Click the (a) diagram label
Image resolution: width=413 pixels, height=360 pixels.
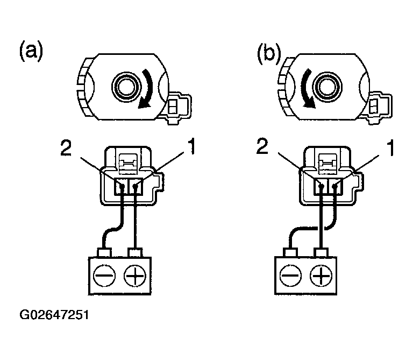coord(31,51)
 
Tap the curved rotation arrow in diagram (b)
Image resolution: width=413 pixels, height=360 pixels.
coord(307,88)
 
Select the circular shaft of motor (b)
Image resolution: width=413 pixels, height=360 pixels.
coord(327,87)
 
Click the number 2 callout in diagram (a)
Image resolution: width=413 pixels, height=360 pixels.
coord(66,147)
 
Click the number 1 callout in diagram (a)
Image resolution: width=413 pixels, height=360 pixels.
coord(192,147)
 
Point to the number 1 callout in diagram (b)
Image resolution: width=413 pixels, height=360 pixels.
coord(390,147)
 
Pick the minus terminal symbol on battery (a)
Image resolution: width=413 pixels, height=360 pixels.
coord(104,276)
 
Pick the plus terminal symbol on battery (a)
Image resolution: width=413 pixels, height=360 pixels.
coord(135,276)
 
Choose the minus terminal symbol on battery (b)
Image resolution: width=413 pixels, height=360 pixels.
coord(290,276)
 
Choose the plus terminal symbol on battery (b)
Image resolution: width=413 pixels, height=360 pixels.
coord(321,276)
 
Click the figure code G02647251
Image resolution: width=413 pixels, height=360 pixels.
coord(54,315)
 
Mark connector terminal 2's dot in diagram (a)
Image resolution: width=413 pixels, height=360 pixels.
coord(122,186)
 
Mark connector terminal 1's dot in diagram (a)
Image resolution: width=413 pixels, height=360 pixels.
coord(136,186)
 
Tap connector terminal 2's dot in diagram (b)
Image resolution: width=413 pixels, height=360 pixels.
coord(321,186)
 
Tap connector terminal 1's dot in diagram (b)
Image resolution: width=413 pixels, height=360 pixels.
coord(335,186)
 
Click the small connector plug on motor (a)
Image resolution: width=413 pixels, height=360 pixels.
coord(179,107)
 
